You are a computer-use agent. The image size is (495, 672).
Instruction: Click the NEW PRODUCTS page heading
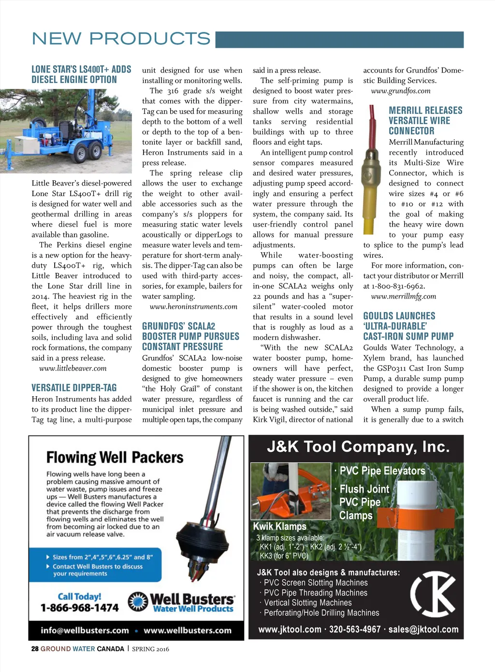(121, 39)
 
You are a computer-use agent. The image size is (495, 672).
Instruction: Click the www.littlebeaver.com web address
(73, 368)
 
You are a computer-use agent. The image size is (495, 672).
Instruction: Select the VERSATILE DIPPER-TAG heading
(74, 387)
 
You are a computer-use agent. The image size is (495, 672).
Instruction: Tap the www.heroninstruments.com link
(193, 307)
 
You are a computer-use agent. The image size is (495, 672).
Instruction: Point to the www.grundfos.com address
(401, 91)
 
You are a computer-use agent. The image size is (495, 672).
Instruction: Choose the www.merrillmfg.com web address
(404, 296)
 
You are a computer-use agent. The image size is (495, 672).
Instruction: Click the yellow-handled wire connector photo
(373, 174)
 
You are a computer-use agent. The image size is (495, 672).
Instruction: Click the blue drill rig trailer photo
(66, 131)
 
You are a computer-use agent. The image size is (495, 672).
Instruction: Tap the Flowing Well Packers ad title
(115, 457)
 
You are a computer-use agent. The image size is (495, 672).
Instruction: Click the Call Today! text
(79, 597)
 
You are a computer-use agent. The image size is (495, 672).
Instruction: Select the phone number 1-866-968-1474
(79, 608)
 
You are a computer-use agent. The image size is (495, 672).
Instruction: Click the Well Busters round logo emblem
(138, 601)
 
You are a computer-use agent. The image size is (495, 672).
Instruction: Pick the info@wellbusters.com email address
(85, 630)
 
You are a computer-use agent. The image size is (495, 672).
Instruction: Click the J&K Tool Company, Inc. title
(358, 446)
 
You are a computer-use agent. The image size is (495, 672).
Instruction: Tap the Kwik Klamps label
(280, 526)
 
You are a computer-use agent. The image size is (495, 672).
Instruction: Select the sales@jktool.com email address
(423, 629)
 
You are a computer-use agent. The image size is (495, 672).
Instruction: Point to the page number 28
(35, 649)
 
